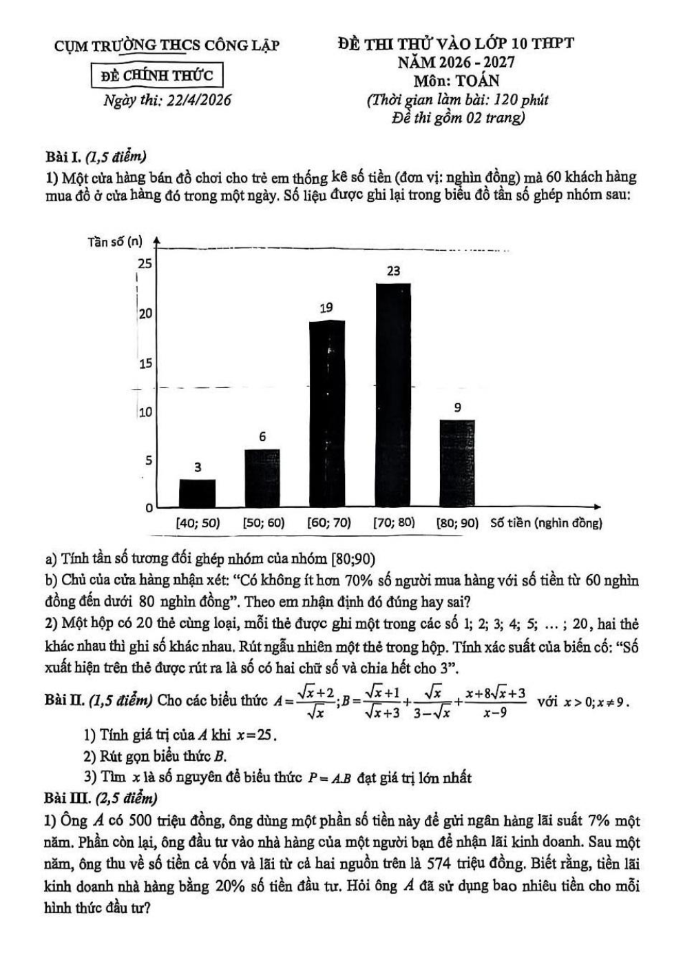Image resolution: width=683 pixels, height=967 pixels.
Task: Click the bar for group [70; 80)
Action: [x=393, y=394]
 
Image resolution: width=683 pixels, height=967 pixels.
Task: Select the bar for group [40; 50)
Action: [x=197, y=493]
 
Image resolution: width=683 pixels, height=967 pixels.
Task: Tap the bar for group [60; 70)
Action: [x=326, y=414]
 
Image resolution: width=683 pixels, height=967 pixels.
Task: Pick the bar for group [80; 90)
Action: [x=457, y=463]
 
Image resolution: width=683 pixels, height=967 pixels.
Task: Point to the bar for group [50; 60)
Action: [x=262, y=478]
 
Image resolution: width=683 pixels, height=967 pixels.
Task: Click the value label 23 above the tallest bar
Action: [x=393, y=271]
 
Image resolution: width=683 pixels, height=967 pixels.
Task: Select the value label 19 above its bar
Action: [x=326, y=308]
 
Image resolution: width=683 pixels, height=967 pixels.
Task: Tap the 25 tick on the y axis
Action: [x=145, y=263]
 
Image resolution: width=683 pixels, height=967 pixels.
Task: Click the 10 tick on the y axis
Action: [x=145, y=412]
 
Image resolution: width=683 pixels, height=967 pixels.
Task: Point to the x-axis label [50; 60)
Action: [x=263, y=523]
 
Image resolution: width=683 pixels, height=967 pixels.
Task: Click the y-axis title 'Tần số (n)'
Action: [x=115, y=241]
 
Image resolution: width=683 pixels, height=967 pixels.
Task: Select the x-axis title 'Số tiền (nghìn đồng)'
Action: [x=546, y=523]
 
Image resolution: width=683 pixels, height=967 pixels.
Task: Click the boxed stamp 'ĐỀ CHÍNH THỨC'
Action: [x=157, y=75]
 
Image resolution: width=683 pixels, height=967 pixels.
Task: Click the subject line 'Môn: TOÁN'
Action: [x=456, y=80]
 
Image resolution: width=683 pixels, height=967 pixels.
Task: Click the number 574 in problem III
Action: [x=439, y=863]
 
